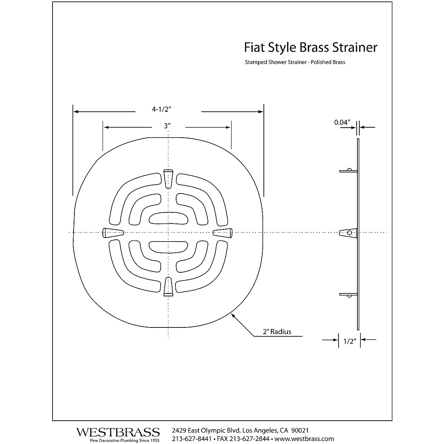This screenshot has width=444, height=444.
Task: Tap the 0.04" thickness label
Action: pyautogui.click(x=342, y=122)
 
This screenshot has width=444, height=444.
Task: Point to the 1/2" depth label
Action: pyautogui.click(x=350, y=342)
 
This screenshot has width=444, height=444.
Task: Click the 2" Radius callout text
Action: pyautogui.click(x=277, y=332)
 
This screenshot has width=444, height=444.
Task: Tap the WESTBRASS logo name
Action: pyautogui.click(x=118, y=432)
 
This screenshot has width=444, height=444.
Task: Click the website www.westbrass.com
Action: pyautogui.click(x=305, y=439)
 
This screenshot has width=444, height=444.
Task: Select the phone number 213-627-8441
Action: pyautogui.click(x=192, y=439)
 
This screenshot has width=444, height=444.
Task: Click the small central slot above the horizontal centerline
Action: pyautogui.click(x=168, y=218)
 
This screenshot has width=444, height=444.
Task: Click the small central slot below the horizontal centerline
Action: pyautogui.click(x=168, y=247)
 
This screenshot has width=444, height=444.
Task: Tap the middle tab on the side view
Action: pyautogui.click(x=349, y=233)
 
